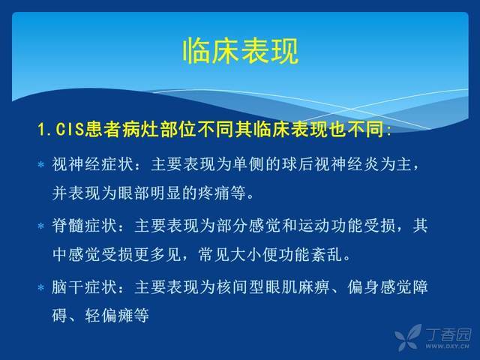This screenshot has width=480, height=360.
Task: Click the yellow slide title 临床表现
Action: point(241,51)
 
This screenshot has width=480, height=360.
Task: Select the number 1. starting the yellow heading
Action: point(45,130)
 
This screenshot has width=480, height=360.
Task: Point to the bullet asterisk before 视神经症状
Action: point(41,165)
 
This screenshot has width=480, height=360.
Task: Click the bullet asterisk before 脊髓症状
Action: point(41,226)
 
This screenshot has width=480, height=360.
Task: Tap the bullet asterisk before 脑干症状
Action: point(41,288)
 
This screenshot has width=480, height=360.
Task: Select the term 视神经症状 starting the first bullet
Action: point(93,164)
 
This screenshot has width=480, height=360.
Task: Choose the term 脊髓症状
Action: point(85,226)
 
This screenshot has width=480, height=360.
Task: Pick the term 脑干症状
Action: point(85,287)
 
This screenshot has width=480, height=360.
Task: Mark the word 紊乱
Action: point(327,254)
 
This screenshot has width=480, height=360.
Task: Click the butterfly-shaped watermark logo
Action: point(408,337)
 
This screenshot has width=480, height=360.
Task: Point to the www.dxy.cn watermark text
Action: point(447,346)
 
